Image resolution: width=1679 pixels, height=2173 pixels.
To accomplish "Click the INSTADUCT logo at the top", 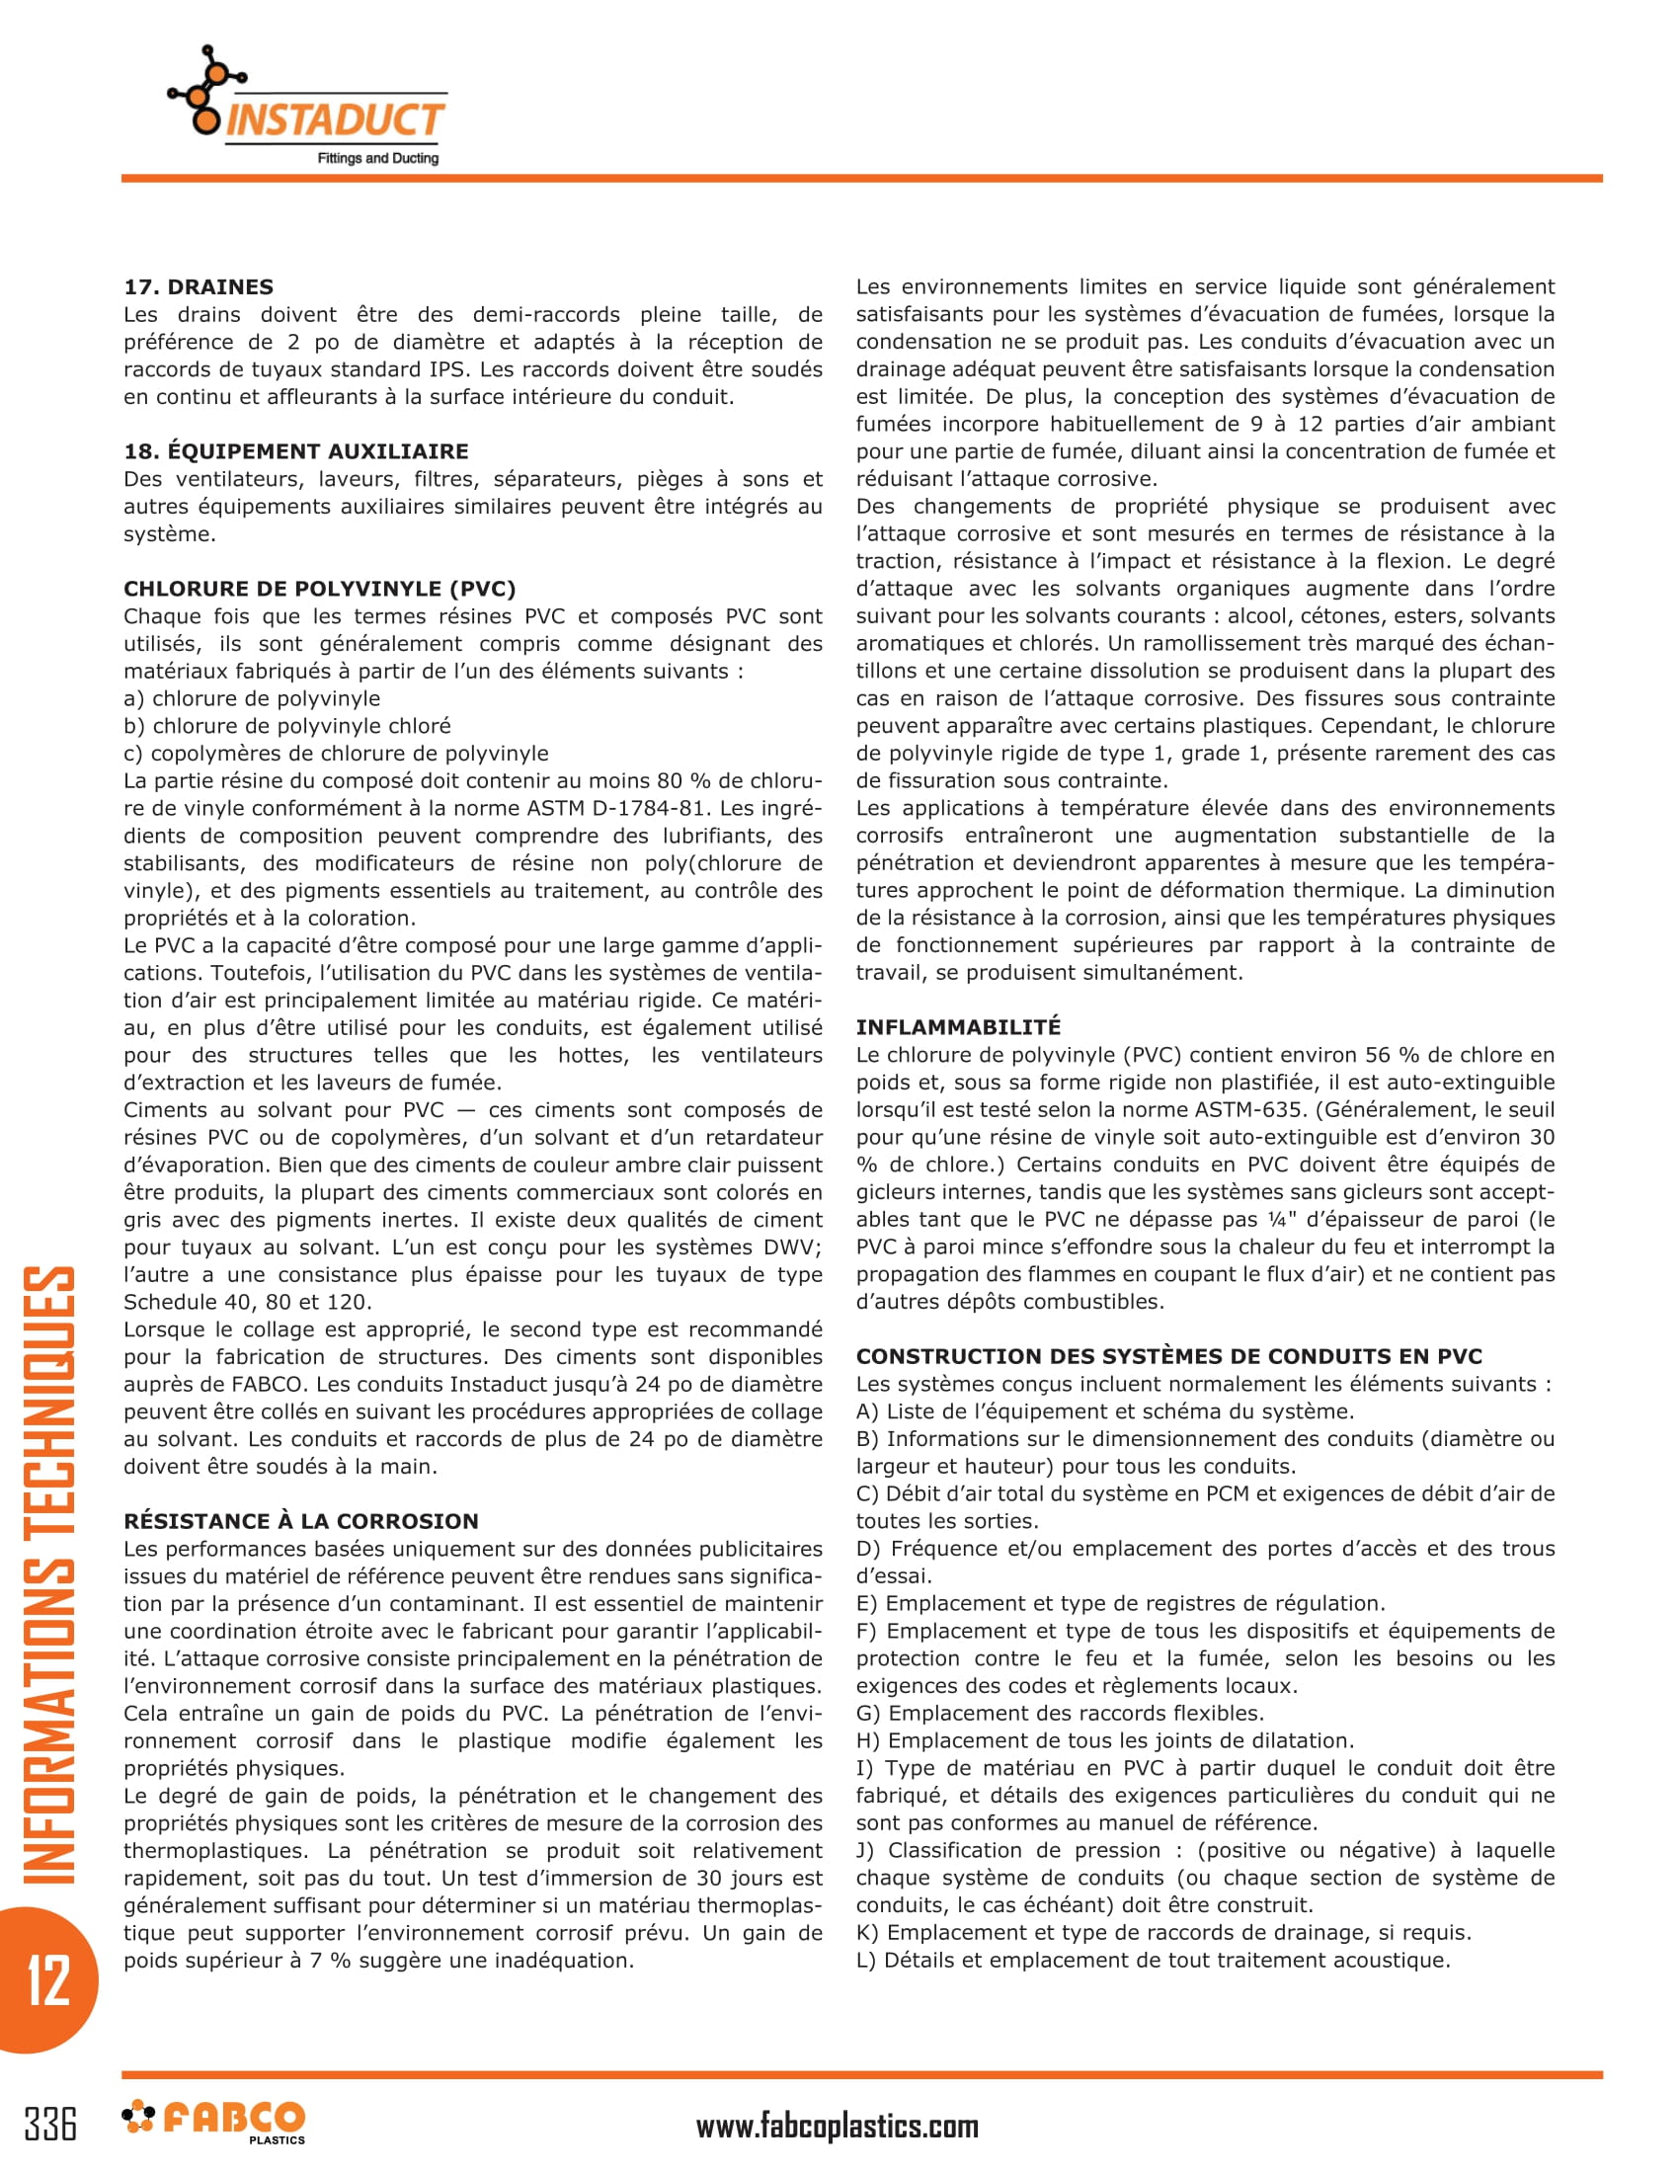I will click(308, 108).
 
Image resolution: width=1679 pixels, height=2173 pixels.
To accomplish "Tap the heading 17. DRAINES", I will click(198, 286).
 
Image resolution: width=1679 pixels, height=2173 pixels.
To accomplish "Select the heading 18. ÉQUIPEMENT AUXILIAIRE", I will click(295, 450).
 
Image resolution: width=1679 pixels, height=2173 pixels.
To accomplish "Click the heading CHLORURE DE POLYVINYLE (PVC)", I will click(319, 588).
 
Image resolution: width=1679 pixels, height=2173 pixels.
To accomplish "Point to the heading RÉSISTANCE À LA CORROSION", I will click(300, 1520).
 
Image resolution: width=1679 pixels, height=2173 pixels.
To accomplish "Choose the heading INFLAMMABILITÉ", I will click(958, 1027).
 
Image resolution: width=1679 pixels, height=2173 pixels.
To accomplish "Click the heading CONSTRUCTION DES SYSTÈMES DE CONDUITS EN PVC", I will click(1168, 1356).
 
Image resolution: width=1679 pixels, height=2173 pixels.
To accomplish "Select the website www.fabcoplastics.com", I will click(837, 2127).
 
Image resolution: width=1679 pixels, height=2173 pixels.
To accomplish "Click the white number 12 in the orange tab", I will click(47, 1980).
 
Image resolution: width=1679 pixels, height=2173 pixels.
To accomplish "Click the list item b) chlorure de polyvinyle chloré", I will click(286, 725).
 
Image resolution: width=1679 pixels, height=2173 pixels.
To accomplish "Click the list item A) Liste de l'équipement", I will click(1104, 1410).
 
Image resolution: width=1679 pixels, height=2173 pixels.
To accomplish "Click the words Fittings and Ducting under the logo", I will click(377, 158).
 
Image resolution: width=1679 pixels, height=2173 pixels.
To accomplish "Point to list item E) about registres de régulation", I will click(1120, 1603).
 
